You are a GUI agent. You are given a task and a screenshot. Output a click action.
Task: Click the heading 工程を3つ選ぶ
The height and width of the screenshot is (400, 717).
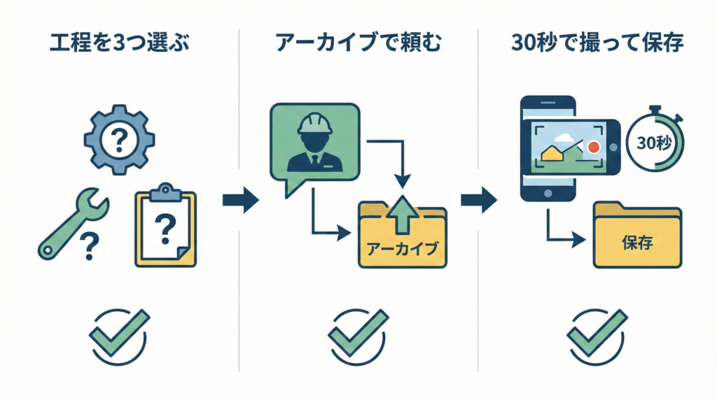click(x=120, y=43)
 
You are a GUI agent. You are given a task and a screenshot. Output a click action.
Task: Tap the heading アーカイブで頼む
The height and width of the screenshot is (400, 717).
click(x=358, y=43)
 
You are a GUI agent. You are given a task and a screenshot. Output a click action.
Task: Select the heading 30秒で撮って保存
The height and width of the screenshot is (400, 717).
click(x=597, y=43)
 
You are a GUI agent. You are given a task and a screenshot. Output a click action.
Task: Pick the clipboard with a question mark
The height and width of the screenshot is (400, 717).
click(x=165, y=227)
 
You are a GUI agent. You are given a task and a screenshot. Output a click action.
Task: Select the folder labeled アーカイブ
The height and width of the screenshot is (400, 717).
click(x=402, y=238)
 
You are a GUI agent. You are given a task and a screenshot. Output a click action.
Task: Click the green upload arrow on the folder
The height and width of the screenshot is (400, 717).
click(x=402, y=213)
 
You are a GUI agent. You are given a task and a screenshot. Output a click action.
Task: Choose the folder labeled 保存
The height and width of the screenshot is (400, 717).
click(x=636, y=236)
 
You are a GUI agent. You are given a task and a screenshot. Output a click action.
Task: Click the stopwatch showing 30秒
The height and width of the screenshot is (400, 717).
click(x=655, y=141)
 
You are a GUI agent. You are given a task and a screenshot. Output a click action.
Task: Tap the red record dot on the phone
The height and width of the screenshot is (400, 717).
click(x=594, y=148)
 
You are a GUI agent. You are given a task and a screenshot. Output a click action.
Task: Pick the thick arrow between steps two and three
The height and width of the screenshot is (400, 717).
click(x=478, y=201)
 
